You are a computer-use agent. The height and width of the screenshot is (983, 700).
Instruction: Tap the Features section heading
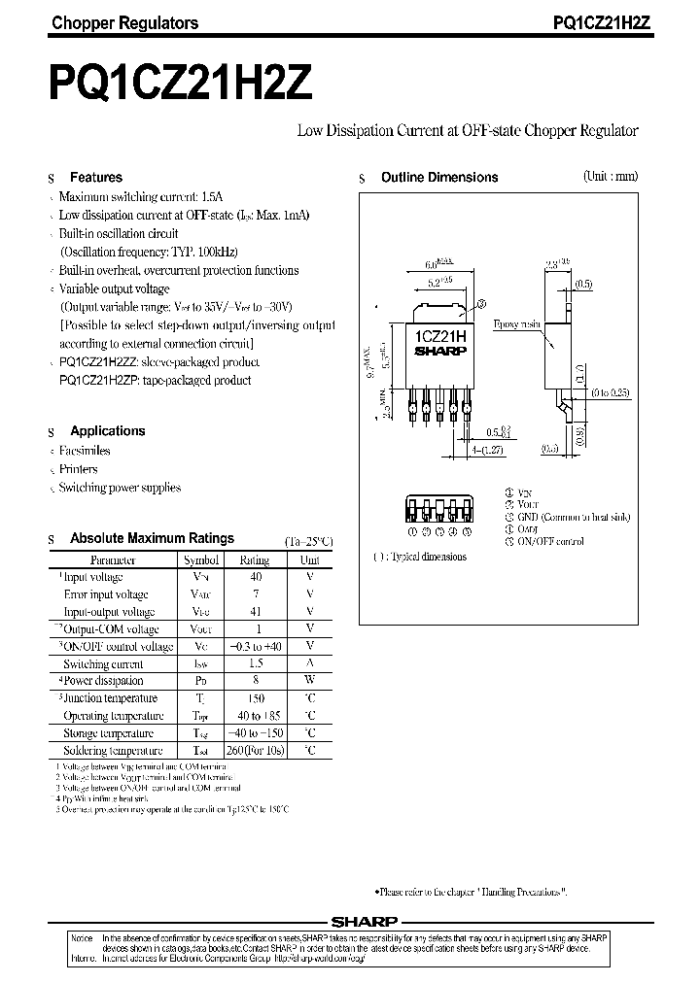(96, 178)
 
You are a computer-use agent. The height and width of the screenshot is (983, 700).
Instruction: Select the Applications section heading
(107, 431)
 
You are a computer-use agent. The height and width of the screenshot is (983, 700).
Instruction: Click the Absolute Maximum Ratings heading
(152, 538)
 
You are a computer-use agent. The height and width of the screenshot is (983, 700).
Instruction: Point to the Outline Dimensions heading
(439, 178)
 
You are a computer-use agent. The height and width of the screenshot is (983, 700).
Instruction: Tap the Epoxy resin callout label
(516, 323)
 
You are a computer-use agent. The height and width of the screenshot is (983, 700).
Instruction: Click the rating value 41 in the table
(256, 612)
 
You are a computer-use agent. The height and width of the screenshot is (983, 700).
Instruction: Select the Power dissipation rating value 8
(256, 681)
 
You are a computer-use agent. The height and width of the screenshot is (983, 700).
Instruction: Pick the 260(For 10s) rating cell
(256, 751)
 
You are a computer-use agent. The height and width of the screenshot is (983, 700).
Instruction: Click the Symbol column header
(201, 560)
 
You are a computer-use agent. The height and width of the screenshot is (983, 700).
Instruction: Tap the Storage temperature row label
(109, 733)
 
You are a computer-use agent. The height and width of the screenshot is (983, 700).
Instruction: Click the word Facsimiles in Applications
(85, 451)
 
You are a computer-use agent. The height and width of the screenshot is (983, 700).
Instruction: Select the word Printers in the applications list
(79, 469)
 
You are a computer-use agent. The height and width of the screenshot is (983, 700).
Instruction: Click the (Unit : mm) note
(611, 177)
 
